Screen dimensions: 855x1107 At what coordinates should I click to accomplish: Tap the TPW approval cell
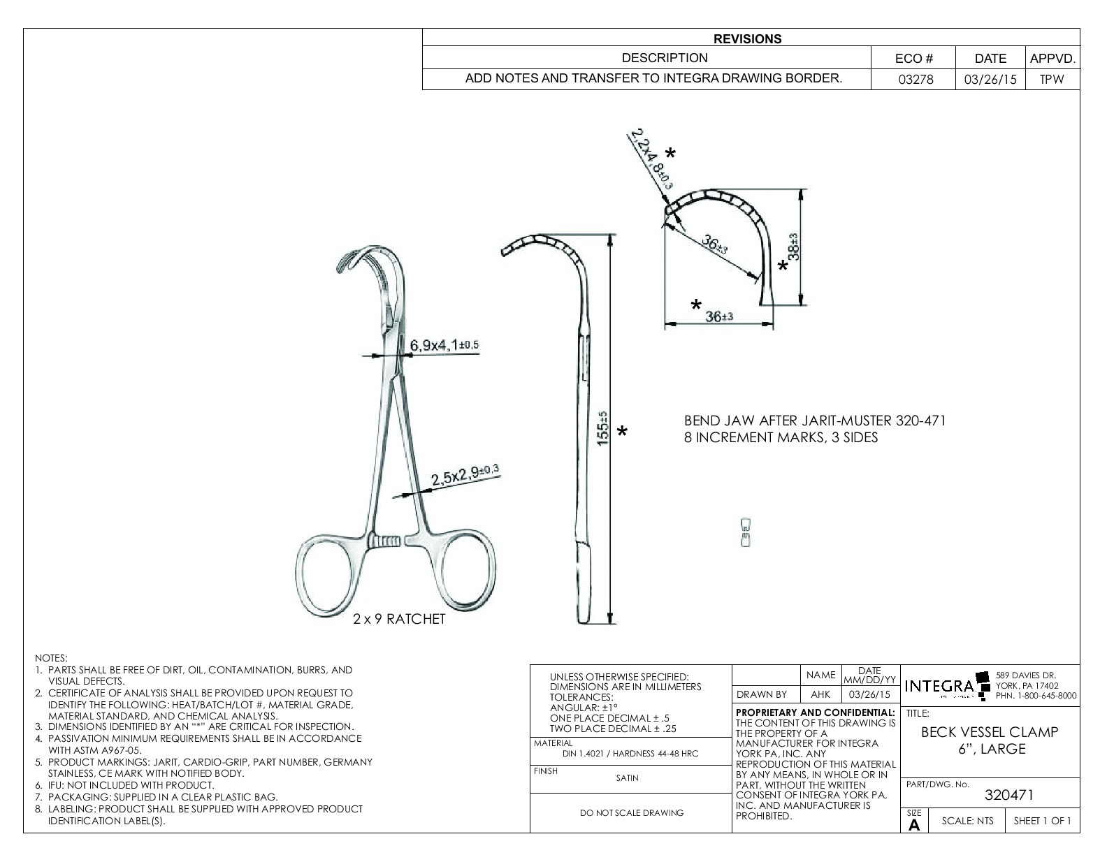(1051, 79)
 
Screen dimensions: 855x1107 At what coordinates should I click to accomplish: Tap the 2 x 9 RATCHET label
(399, 620)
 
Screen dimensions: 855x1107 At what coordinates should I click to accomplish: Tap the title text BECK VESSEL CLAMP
(990, 732)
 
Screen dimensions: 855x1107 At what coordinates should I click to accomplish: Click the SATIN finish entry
(627, 778)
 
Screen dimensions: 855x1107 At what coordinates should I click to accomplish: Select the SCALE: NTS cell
(967, 821)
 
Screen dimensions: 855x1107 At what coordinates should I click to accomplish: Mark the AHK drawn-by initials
(820, 694)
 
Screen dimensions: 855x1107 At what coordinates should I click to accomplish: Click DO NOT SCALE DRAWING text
(632, 812)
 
